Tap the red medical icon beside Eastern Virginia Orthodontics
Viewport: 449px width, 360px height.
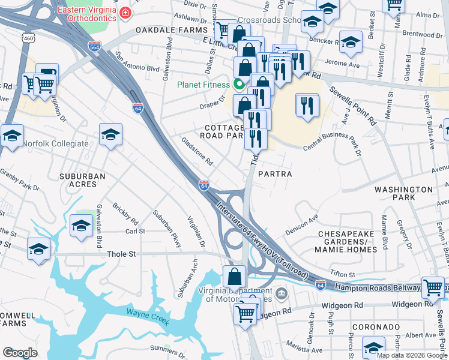125,12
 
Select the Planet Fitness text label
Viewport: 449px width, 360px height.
203,84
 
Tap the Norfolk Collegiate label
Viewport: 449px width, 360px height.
55,143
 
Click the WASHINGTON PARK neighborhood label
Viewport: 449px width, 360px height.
403,193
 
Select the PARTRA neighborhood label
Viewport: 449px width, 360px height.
274,174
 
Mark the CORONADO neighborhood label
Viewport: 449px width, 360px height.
376,327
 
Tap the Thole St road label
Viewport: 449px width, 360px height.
121,254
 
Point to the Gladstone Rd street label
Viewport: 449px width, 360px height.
197,152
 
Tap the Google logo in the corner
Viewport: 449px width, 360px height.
20,353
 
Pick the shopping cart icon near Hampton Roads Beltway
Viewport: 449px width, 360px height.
433,287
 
